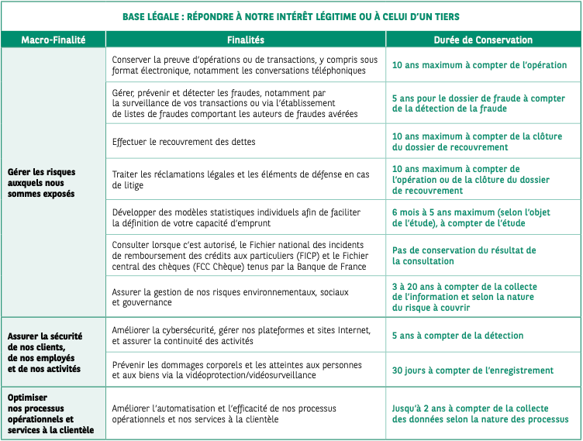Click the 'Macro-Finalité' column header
pos(53,40)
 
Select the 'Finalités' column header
pos(246,40)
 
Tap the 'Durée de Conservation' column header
pos(483,40)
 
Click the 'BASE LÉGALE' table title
pos(291,16)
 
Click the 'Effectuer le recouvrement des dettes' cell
pos(184,142)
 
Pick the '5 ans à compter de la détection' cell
pos(457,336)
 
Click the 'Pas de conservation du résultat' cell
pos(464,256)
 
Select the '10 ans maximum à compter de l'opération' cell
pos(479,65)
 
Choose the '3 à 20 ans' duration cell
pos(464,297)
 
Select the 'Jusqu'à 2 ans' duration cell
pos(480,413)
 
